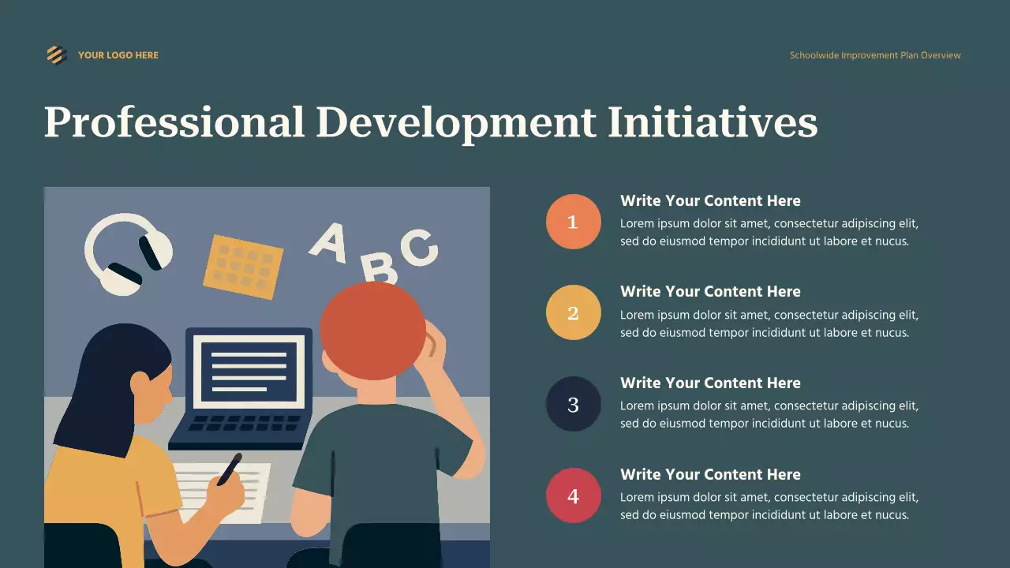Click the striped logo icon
(55, 54)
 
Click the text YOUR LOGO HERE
(118, 55)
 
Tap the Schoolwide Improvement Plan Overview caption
(875, 55)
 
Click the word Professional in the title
(174, 123)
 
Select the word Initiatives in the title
(712, 123)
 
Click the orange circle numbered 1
(574, 222)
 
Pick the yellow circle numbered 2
(574, 312)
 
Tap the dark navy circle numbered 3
(574, 404)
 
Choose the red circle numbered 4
(574, 495)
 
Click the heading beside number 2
(710, 291)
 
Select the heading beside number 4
(710, 474)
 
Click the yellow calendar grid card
(243, 266)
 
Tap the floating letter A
(329, 241)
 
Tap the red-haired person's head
(372, 330)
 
